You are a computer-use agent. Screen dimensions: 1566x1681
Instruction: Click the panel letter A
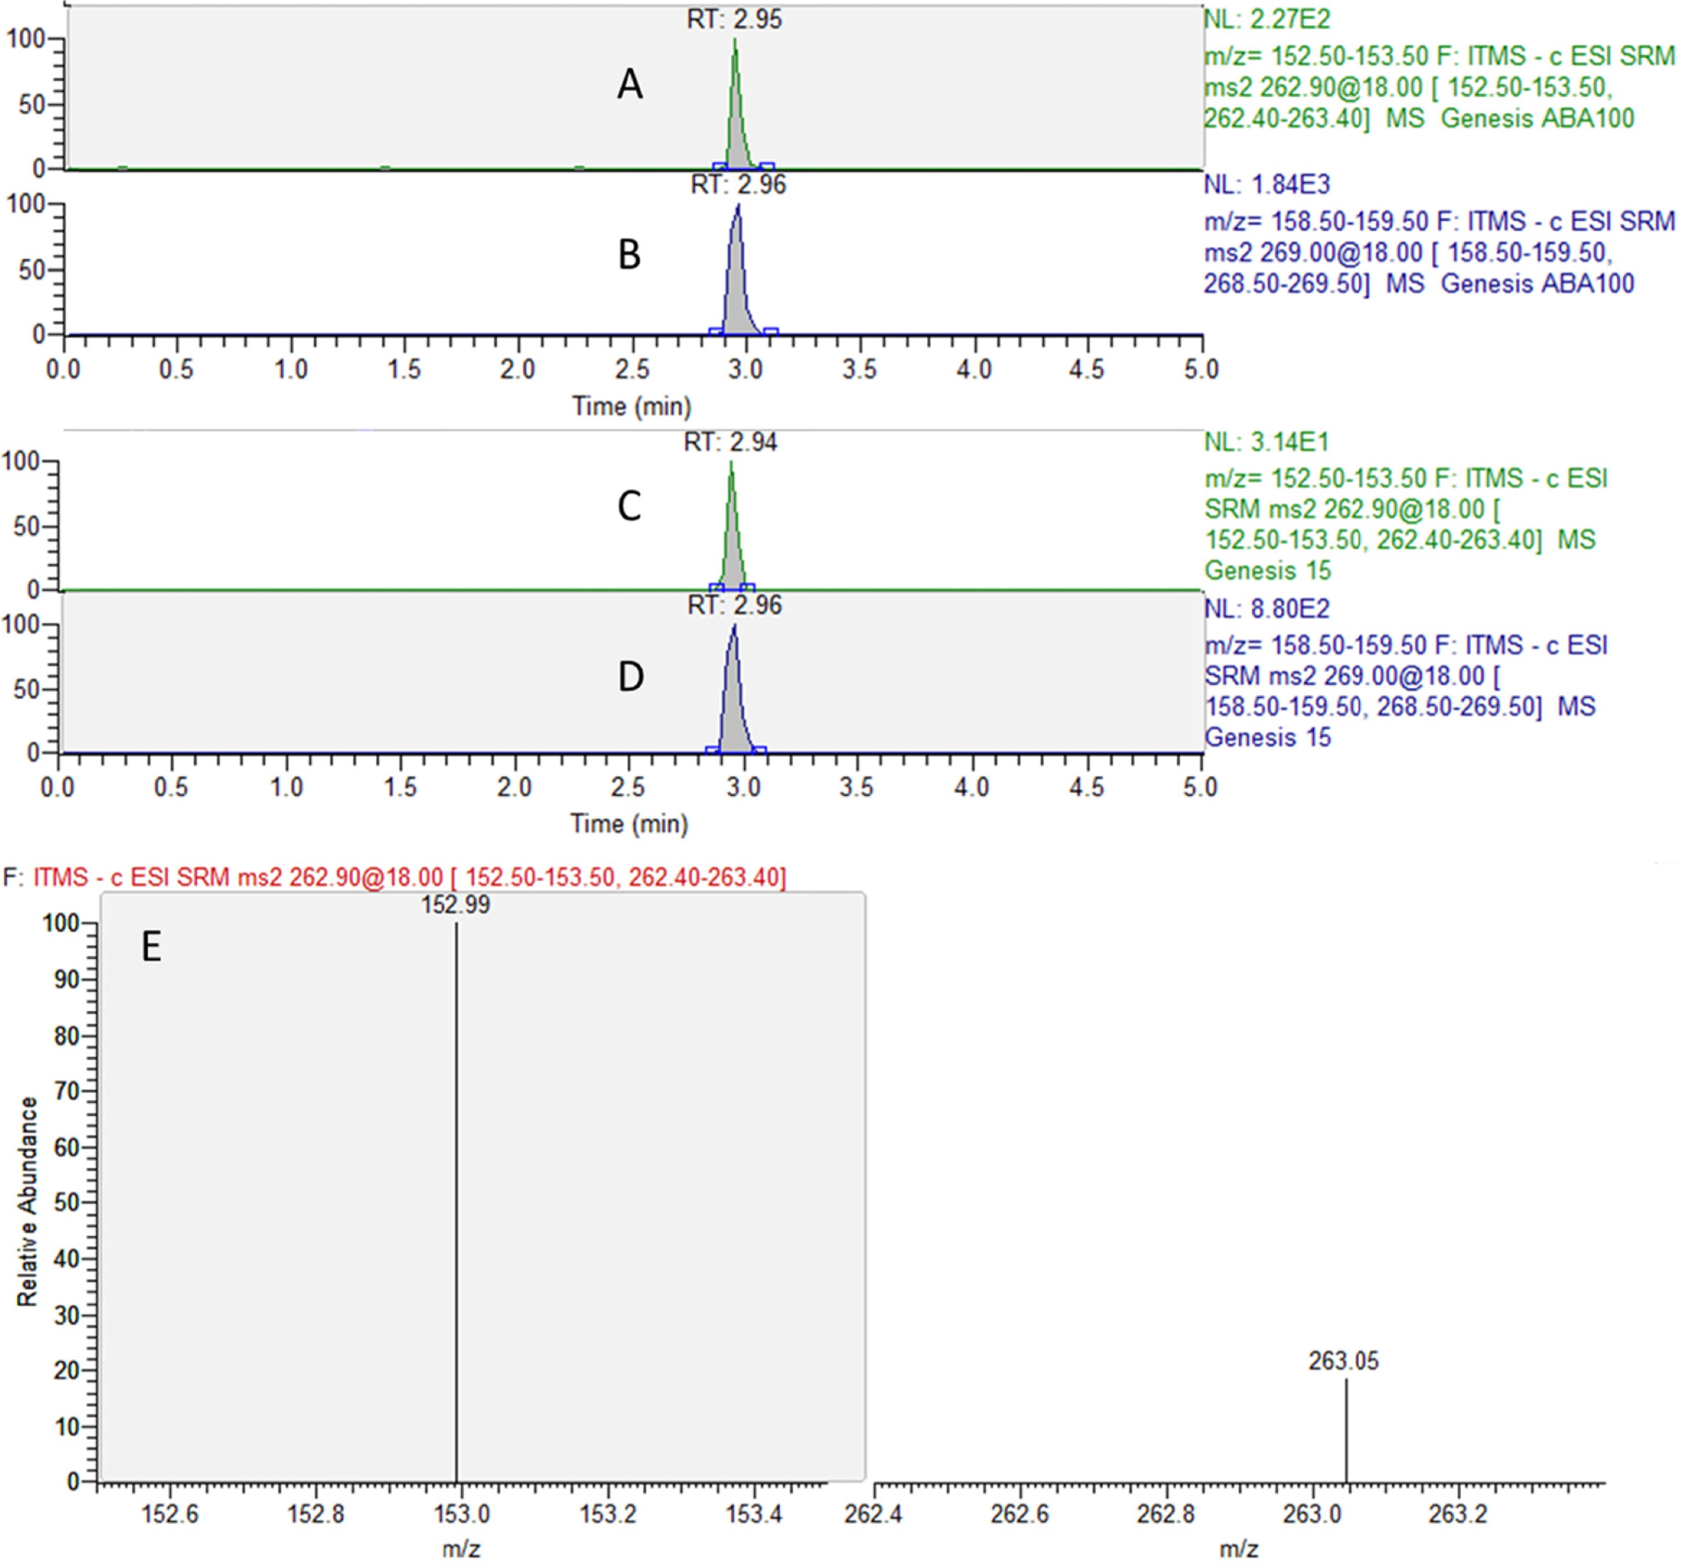(630, 85)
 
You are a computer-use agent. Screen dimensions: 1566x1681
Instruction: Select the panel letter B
(629, 255)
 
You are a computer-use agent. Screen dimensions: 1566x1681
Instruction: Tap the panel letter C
(629, 507)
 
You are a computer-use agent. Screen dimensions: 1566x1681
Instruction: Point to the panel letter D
(631, 677)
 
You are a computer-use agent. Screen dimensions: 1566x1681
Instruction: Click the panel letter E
(152, 947)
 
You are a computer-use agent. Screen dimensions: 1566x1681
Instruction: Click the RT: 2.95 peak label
(734, 19)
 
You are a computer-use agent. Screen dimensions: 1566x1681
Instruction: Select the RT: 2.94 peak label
(731, 443)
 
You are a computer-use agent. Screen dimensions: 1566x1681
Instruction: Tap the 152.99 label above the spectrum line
(455, 905)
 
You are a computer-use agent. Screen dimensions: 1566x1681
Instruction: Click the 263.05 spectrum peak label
(1344, 1360)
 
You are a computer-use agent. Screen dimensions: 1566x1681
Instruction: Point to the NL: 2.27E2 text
(1267, 18)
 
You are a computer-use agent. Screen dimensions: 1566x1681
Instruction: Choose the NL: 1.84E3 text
(1267, 184)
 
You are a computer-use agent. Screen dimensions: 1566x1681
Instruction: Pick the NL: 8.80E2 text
(1267, 609)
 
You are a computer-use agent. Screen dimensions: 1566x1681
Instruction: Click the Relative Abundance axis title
(28, 1201)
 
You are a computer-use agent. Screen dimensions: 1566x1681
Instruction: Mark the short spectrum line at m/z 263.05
(1345, 1429)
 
